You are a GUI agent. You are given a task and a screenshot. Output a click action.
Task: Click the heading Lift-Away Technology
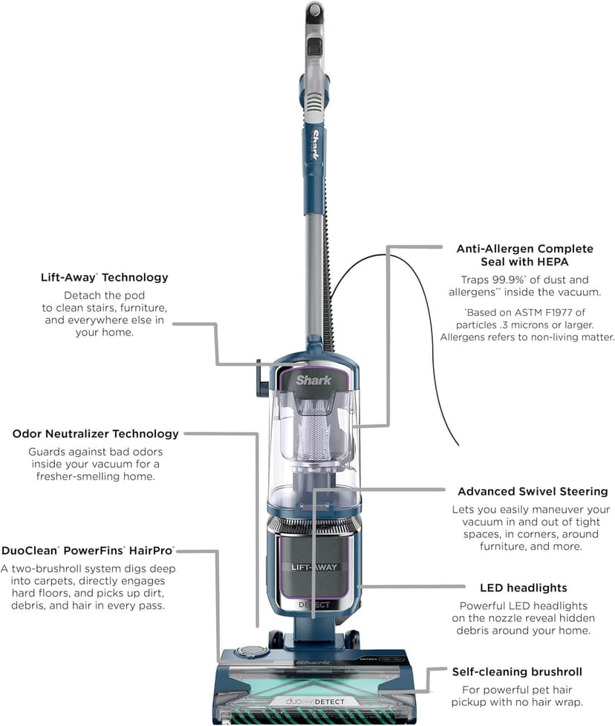click(104, 277)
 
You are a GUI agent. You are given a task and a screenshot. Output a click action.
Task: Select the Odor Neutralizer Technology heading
click(95, 433)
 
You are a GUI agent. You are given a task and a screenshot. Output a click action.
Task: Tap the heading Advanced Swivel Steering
click(532, 491)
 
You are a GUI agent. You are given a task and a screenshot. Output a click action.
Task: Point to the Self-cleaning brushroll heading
click(517, 672)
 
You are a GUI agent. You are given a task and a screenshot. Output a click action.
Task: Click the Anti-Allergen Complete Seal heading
click(524, 255)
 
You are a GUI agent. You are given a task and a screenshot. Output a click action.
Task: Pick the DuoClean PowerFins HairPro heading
click(88, 551)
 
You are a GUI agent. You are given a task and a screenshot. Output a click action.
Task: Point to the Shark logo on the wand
click(315, 146)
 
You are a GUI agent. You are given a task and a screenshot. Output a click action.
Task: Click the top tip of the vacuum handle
click(315, 9)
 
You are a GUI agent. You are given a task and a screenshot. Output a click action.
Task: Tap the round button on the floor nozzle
click(251, 651)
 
